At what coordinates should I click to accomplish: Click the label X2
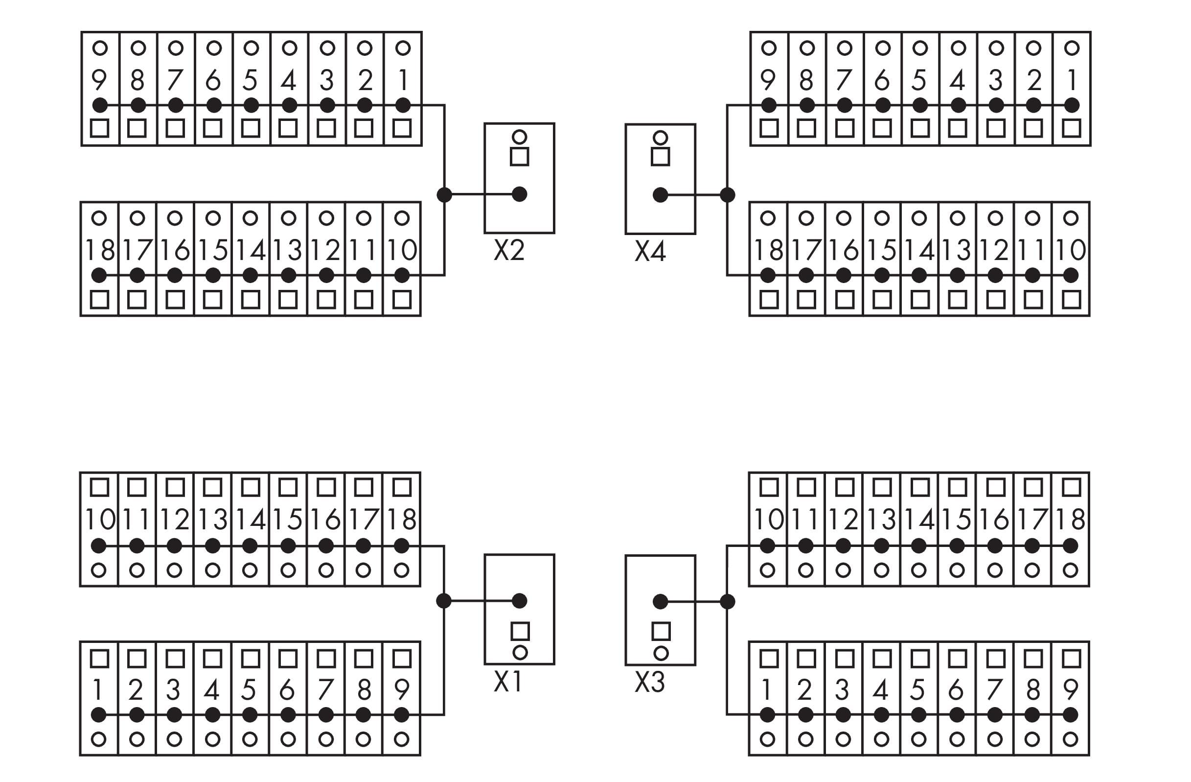click(509, 250)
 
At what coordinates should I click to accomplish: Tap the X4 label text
click(650, 251)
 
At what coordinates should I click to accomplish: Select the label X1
click(508, 681)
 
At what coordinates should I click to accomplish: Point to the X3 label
click(649, 682)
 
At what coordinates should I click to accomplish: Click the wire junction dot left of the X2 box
click(444, 194)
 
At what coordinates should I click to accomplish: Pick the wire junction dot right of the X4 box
click(727, 195)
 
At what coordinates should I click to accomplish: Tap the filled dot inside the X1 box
click(520, 601)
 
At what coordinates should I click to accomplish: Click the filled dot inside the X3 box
click(661, 601)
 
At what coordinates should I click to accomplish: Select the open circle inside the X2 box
click(520, 137)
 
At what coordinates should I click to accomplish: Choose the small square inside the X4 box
click(661, 157)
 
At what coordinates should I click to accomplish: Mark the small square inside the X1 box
click(520, 631)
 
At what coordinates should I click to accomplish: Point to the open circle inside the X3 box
click(661, 653)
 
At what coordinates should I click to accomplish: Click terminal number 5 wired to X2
click(251, 80)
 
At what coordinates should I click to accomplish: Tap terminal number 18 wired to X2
click(100, 250)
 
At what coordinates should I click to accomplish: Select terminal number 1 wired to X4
click(1072, 80)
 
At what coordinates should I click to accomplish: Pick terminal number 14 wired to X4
click(919, 250)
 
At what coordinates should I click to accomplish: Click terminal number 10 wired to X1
click(100, 520)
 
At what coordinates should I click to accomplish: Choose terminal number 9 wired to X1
click(401, 690)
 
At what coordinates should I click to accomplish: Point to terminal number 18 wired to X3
click(1071, 520)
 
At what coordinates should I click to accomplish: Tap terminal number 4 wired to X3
click(881, 690)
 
